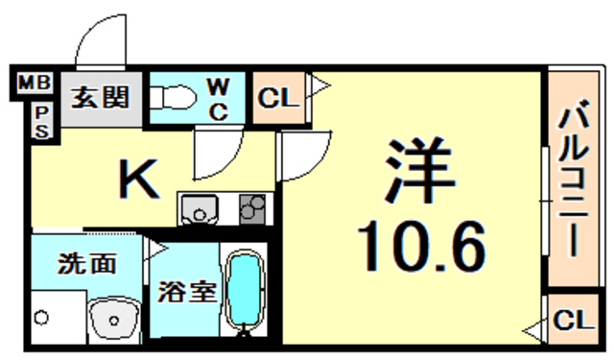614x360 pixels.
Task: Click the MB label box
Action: [35, 84]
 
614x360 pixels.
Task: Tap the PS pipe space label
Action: [41, 122]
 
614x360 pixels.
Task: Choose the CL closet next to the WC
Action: [279, 97]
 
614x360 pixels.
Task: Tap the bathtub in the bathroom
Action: [247, 290]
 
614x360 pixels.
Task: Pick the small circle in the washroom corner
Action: [41, 316]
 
